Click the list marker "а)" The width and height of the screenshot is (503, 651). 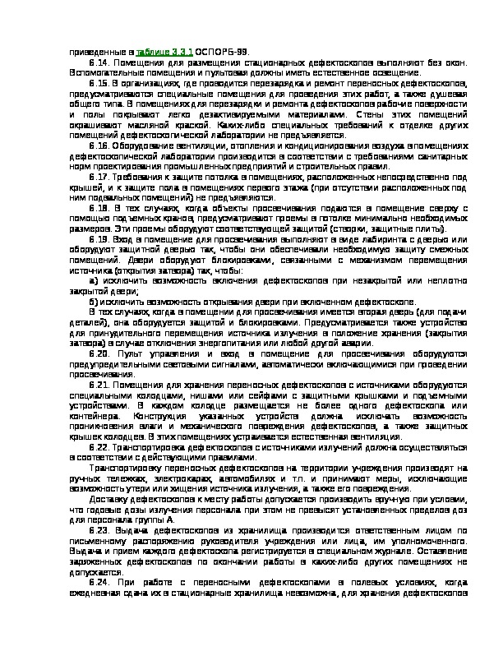point(95,281)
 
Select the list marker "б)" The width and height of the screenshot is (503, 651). point(95,302)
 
